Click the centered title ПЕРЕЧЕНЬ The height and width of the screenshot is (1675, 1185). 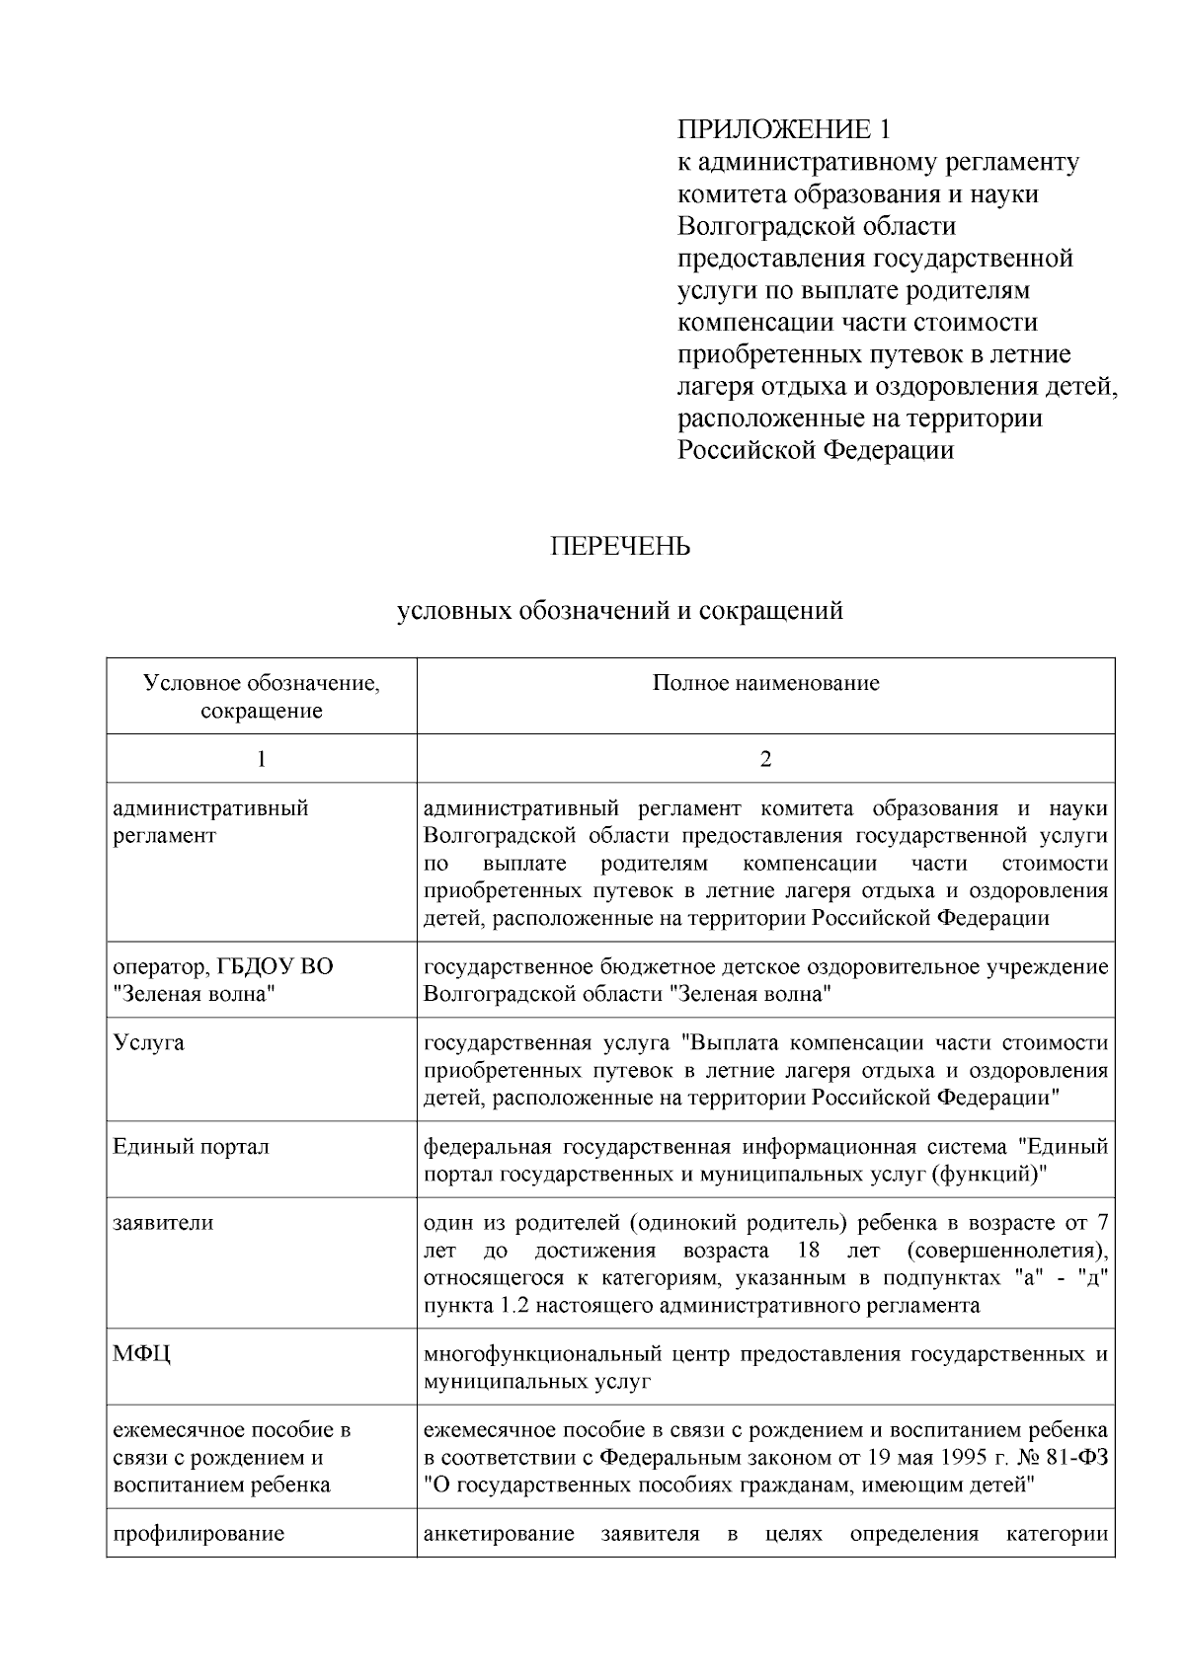(620, 546)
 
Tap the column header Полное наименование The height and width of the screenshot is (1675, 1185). (765, 683)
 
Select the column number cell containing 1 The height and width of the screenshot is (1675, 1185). (261, 759)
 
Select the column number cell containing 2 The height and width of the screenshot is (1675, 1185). (765, 759)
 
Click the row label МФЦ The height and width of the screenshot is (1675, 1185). (142, 1354)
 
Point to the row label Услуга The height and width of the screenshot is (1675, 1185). (148, 1043)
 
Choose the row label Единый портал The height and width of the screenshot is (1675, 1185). (191, 1147)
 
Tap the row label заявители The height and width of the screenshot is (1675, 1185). (163, 1224)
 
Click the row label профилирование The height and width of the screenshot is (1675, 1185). (198, 1534)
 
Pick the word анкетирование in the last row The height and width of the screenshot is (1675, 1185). (499, 1534)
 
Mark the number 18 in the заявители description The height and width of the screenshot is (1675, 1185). (809, 1252)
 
